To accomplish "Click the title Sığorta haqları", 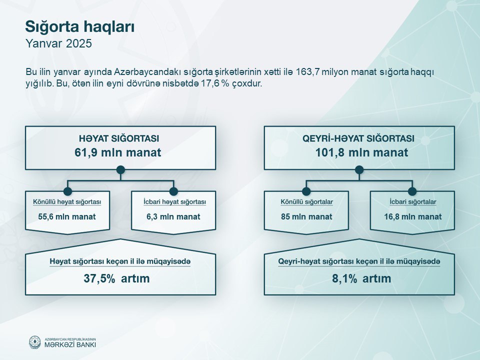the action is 80,27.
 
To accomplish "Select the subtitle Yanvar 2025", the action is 59,43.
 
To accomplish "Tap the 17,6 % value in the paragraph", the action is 215,83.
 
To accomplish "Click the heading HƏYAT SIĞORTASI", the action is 119,138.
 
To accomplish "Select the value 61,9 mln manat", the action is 118,152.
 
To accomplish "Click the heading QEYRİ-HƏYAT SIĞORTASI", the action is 358,138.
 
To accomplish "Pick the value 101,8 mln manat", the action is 362,152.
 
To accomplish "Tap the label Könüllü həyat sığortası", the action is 67,202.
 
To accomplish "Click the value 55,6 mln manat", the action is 67,216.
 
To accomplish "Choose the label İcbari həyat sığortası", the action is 175,202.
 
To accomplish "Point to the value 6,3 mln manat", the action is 173,216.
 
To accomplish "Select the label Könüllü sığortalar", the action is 306,202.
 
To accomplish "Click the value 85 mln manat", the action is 306,216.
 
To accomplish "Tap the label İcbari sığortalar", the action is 413,202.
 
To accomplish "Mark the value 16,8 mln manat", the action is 413,216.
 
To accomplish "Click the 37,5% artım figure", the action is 116,278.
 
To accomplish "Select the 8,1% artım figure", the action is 361,278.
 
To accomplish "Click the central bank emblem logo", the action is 34,342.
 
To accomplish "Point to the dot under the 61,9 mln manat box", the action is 120,170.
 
